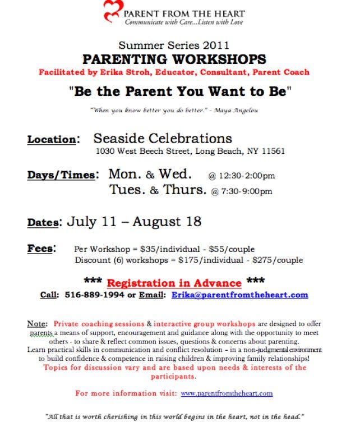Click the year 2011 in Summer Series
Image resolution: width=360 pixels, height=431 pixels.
tap(216, 45)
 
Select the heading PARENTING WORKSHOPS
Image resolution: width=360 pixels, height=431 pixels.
tap(174, 59)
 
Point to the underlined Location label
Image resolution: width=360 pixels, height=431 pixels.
tap(51, 140)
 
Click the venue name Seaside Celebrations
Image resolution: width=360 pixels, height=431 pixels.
tap(163, 138)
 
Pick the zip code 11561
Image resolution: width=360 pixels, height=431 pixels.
tap(273, 152)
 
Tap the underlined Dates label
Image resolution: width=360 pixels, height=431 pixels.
tap(43, 223)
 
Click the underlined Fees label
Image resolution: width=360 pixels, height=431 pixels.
tap(40, 249)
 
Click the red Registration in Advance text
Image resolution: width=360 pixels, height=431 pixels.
tap(174, 282)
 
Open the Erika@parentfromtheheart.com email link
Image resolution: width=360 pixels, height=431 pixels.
tap(239, 295)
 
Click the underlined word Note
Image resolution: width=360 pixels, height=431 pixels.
tap(37, 324)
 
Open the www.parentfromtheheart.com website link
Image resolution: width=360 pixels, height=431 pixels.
tap(227, 393)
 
